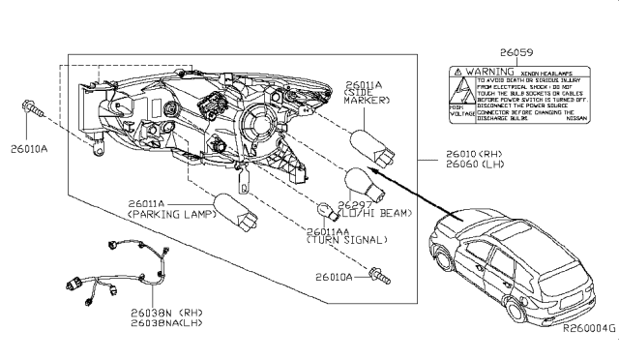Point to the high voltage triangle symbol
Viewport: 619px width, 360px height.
(x=464, y=91)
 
